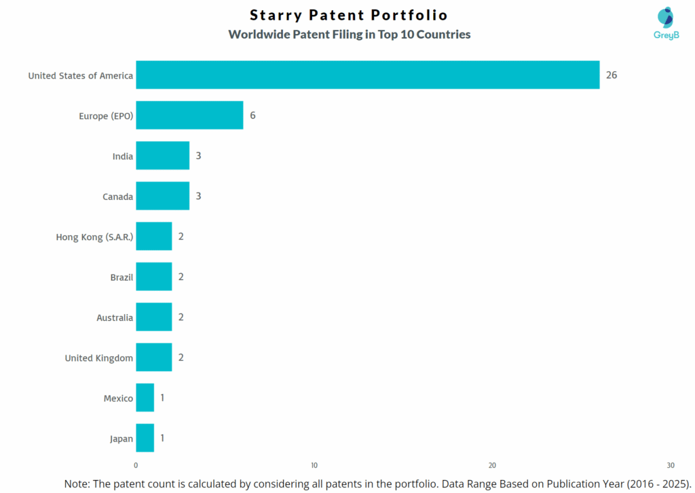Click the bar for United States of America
click(367, 75)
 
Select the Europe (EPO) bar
click(189, 115)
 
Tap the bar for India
click(162, 156)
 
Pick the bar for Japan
click(145, 438)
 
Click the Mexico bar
click(145, 398)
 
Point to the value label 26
click(611, 75)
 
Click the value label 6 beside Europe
click(252, 115)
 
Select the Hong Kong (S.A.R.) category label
click(94, 237)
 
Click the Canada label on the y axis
click(117, 197)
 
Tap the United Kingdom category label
click(98, 357)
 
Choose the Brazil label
click(121, 277)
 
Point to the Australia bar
click(153, 317)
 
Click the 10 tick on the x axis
click(314, 466)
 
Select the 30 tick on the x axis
click(670, 466)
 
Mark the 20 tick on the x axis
click(492, 466)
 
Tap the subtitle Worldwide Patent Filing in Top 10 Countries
click(349, 35)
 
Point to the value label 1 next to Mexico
click(162, 398)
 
